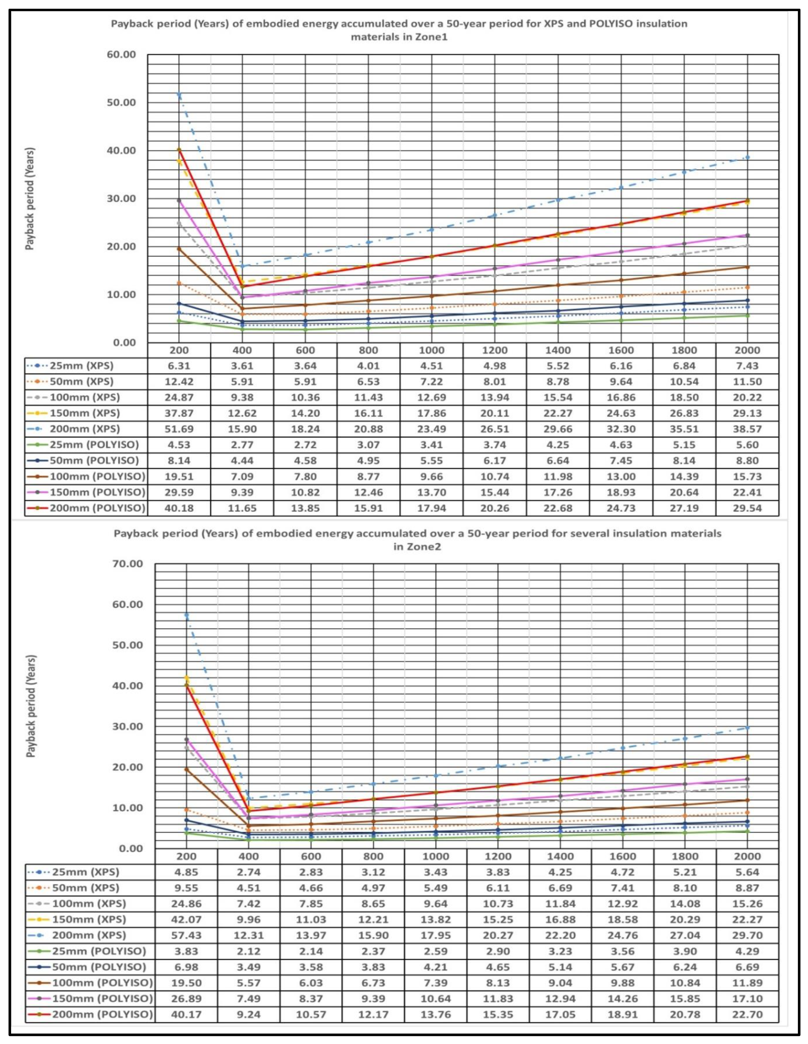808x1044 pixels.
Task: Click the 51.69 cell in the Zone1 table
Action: tap(179, 429)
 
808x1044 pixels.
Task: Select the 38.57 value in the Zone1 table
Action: tap(747, 429)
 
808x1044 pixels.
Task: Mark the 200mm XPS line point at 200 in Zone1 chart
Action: tap(179, 95)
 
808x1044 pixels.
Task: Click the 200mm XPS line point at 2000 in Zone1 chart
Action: tap(747, 157)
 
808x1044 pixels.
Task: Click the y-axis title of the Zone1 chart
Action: tap(30, 198)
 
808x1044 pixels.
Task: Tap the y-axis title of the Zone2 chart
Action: tap(31, 705)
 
